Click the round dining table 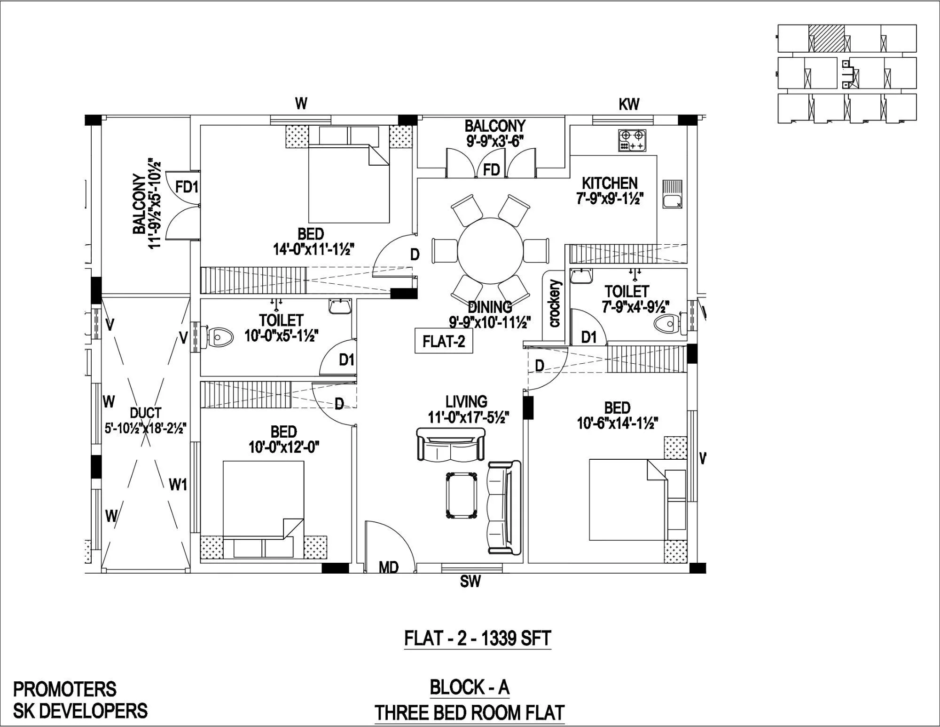pyautogui.click(x=490, y=249)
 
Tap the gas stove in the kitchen pyautogui.click(x=632, y=140)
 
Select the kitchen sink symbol pyautogui.click(x=672, y=194)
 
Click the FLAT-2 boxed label pyautogui.click(x=443, y=341)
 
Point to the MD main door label pyautogui.click(x=389, y=567)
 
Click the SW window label pyautogui.click(x=470, y=582)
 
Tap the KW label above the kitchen pyautogui.click(x=629, y=104)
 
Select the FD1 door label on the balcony pyautogui.click(x=187, y=187)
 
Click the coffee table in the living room pyautogui.click(x=462, y=495)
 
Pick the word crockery pyautogui.click(x=555, y=304)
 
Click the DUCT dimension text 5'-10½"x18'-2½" pyautogui.click(x=146, y=429)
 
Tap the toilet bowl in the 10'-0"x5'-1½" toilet pyautogui.click(x=221, y=337)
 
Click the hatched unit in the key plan pyautogui.click(x=826, y=38)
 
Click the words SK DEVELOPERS pyautogui.click(x=80, y=711)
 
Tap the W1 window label pyautogui.click(x=178, y=485)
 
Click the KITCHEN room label pyautogui.click(x=610, y=183)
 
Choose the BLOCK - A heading pyautogui.click(x=470, y=687)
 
